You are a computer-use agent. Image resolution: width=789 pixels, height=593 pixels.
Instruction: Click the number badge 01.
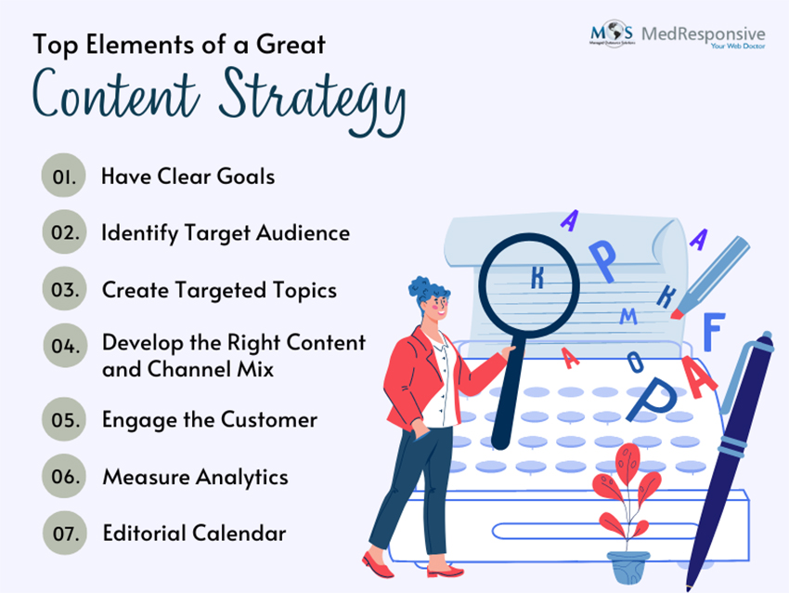pyautogui.click(x=63, y=176)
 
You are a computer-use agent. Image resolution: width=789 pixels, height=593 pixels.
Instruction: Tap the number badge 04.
pyautogui.click(x=65, y=345)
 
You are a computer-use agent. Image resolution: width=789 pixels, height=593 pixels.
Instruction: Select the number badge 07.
pyautogui.click(x=65, y=533)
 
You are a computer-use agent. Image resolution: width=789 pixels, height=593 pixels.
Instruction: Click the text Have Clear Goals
pyautogui.click(x=188, y=177)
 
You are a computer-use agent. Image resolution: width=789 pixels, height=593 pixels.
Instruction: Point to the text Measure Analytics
pyautogui.click(x=195, y=477)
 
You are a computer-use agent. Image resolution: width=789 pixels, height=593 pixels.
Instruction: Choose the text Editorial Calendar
pyautogui.click(x=194, y=533)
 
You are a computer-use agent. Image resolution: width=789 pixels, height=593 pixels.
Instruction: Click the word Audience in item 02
pyautogui.click(x=303, y=232)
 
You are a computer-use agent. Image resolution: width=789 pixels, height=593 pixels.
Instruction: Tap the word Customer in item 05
pyautogui.click(x=269, y=419)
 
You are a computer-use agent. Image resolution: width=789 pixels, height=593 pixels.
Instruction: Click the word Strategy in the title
pyautogui.click(x=313, y=99)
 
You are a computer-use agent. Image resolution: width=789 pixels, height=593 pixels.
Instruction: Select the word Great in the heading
pyautogui.click(x=291, y=45)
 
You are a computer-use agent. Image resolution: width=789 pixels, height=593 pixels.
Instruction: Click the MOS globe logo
pyautogui.click(x=612, y=33)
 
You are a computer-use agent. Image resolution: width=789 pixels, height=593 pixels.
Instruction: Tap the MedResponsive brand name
pyautogui.click(x=704, y=33)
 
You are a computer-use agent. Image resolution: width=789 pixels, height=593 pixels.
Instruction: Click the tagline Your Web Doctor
pyautogui.click(x=738, y=46)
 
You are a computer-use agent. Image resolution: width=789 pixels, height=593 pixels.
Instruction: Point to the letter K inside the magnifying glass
pyautogui.click(x=537, y=277)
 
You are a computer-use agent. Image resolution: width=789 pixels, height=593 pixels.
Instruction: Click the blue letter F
pyautogui.click(x=714, y=331)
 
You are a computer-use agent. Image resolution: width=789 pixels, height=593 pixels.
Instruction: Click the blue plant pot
pyautogui.click(x=628, y=567)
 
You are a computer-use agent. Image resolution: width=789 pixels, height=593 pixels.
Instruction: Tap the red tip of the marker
pyautogui.click(x=677, y=314)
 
